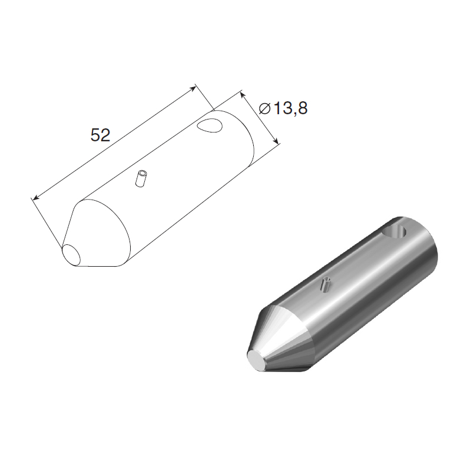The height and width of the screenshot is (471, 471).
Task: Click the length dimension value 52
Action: (100, 135)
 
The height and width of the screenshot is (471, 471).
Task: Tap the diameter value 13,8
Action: (290, 108)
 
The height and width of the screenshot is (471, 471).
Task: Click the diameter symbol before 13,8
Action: (264, 108)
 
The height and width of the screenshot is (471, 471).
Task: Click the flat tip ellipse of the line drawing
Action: (71, 255)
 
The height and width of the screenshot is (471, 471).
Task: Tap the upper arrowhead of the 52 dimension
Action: (194, 87)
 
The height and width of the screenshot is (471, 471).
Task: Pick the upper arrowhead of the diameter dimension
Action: (243, 95)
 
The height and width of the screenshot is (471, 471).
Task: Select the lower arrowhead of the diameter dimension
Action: (276, 141)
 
